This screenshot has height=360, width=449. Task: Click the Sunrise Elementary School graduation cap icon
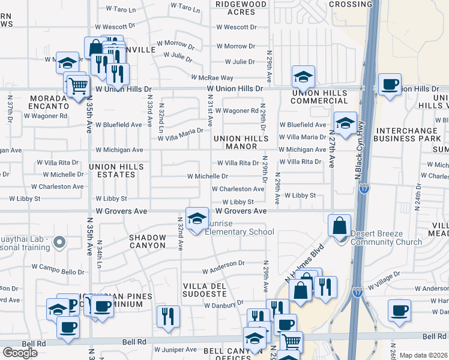pos(196,218)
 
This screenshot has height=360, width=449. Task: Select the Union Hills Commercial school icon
pos(304,77)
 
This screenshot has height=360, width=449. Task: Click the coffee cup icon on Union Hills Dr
pos(390,85)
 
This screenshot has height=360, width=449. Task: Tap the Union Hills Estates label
pos(112,170)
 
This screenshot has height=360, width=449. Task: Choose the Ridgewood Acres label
pos(241,8)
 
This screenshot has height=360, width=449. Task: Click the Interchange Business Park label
pos(407,134)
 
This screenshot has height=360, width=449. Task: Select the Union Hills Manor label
pos(241,142)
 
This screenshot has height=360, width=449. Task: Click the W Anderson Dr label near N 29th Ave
pos(223,263)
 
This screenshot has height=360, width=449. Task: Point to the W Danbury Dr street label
pos(223,305)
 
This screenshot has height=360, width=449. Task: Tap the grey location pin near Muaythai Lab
pos(59,242)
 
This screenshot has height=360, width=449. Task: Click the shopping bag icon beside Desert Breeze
pos(339,226)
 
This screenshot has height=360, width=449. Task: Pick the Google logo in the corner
pos(19,353)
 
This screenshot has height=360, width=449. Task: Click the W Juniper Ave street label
pos(175,349)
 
